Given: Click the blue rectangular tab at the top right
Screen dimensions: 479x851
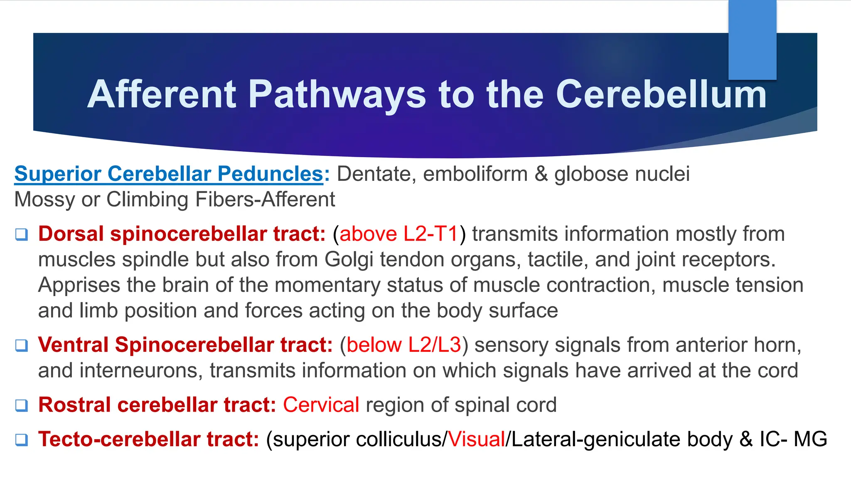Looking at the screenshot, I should pos(752,40).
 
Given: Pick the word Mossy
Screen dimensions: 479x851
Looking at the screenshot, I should pos(44,200).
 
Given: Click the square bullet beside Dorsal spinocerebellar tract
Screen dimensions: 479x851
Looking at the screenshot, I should pos(22,235).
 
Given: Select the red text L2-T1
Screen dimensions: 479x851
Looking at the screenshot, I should pos(430,234).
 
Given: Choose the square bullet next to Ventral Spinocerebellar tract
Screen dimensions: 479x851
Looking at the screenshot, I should pos(22,346).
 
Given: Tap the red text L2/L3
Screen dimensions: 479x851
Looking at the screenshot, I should pos(435,345).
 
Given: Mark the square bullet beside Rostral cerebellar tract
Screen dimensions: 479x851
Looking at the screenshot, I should pos(22,405).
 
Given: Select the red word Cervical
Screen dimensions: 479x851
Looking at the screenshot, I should pos(321,405).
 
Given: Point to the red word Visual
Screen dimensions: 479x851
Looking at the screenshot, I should pos(477,439).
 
